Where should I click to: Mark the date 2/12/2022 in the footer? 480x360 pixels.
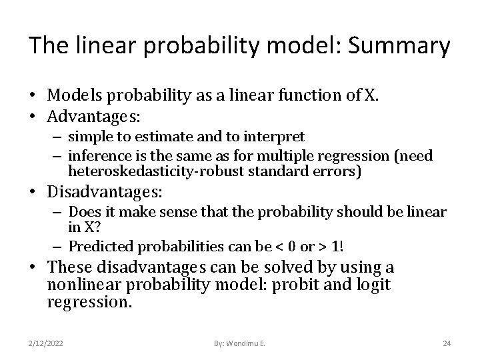coord(46,343)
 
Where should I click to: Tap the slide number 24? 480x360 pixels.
coord(447,343)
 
